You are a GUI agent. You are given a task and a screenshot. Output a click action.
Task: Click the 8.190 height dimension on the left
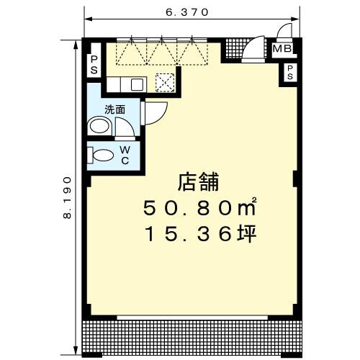[x=68, y=194]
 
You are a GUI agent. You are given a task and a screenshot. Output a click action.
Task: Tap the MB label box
[x=282, y=50]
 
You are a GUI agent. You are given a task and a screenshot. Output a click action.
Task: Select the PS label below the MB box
[x=290, y=72]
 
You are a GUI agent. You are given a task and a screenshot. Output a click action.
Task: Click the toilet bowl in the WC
[x=103, y=154]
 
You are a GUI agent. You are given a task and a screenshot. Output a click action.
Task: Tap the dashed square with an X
[x=166, y=83]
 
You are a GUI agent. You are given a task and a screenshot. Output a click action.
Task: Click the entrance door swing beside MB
[x=253, y=50]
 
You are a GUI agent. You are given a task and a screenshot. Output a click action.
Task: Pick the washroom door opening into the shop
[x=155, y=113]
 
